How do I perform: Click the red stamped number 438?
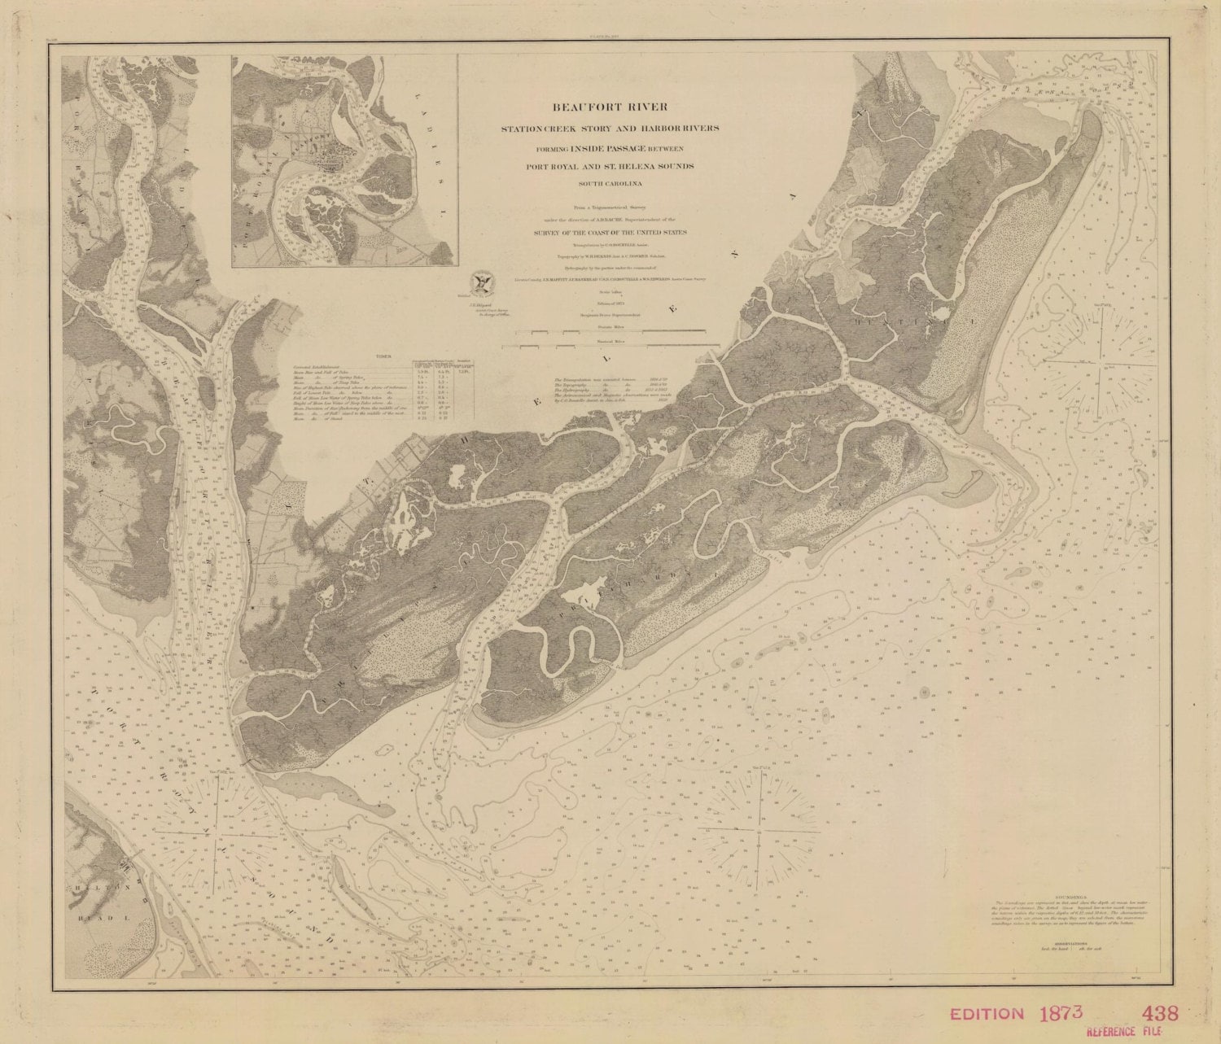coord(1159,1014)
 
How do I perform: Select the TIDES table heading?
coord(375,356)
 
